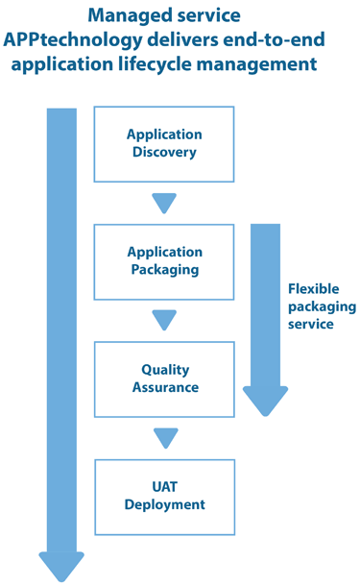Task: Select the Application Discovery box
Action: (164, 144)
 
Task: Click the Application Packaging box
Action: (164, 261)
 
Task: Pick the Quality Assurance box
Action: (164, 378)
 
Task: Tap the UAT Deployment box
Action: (164, 496)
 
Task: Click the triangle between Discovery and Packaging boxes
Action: (165, 203)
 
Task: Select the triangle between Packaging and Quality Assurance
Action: (165, 320)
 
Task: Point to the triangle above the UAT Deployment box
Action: (165, 437)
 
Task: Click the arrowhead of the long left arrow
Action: (61, 566)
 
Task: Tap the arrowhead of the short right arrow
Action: (265, 399)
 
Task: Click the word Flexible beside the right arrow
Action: (314, 288)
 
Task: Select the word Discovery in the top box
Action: (165, 153)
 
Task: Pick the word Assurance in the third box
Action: (165, 387)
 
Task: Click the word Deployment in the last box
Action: (165, 504)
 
